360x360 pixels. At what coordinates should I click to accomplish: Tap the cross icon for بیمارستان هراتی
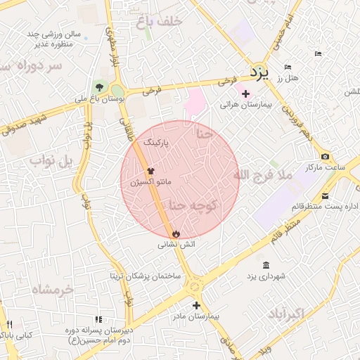pyautogui.click(x=245, y=94)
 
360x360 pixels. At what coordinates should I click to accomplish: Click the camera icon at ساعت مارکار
pyautogui.click(x=325, y=157)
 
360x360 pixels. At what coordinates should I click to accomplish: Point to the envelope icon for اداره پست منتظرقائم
pyautogui.click(x=325, y=195)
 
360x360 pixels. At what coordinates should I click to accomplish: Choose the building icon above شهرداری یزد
pyautogui.click(x=265, y=265)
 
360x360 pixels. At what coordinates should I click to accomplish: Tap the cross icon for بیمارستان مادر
pyautogui.click(x=196, y=305)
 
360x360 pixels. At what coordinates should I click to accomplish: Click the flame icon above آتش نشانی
pyautogui.click(x=175, y=234)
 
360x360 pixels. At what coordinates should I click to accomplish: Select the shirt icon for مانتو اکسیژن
pyautogui.click(x=149, y=171)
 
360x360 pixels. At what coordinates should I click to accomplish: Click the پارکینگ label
pyautogui.click(x=157, y=142)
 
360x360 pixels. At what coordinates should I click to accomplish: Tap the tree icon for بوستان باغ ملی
pyautogui.click(x=99, y=87)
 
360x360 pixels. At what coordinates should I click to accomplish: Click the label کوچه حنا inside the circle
pyautogui.click(x=193, y=205)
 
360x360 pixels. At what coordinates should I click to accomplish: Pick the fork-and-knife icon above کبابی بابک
pyautogui.click(x=10, y=324)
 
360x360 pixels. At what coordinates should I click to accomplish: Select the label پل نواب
pyautogui.click(x=51, y=161)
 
